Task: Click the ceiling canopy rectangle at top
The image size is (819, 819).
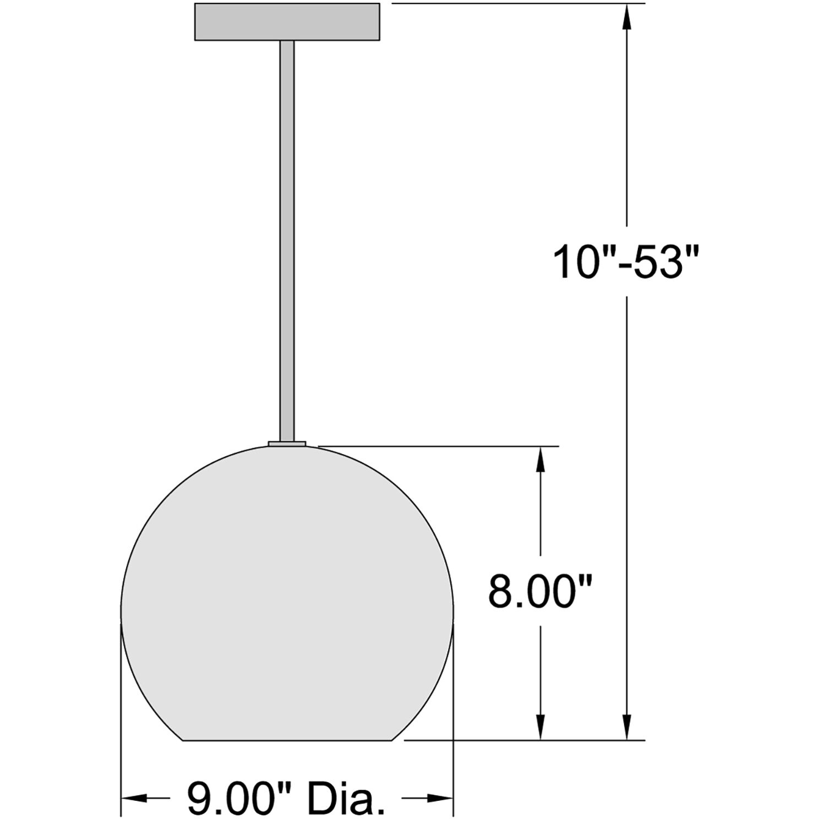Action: pyautogui.click(x=287, y=22)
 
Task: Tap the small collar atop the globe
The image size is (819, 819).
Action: pyautogui.click(x=287, y=443)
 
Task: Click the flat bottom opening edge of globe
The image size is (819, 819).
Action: pyautogui.click(x=289, y=740)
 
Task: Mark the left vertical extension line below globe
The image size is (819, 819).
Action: pyautogui.click(x=121, y=716)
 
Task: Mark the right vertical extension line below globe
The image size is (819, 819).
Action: pyautogui.click(x=453, y=716)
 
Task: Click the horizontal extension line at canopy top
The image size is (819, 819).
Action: pyautogui.click(x=517, y=4)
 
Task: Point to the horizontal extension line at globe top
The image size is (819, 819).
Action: pyautogui.click(x=440, y=446)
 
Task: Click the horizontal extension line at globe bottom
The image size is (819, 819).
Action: pyautogui.click(x=523, y=740)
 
